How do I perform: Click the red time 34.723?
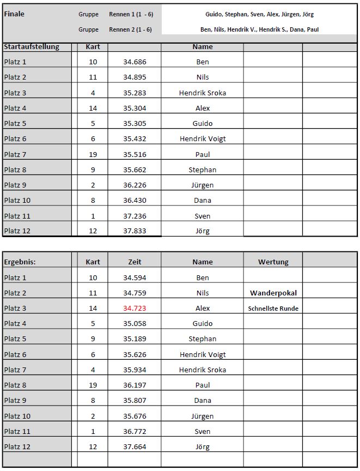135,309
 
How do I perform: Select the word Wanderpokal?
273,293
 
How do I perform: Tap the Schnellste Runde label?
273,309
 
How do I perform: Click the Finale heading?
14,14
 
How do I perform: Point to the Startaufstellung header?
32,47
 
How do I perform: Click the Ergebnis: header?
20,262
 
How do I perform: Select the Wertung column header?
273,262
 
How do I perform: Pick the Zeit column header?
135,262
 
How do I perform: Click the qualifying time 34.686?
135,62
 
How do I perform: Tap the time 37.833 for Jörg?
135,231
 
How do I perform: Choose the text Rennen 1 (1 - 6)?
130,14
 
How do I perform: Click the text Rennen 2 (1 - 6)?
130,29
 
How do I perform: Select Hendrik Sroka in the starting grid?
203,93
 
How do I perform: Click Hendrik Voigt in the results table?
203,355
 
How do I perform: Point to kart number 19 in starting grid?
93,155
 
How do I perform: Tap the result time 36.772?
135,432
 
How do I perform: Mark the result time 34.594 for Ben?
135,278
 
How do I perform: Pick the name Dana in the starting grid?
203,201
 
